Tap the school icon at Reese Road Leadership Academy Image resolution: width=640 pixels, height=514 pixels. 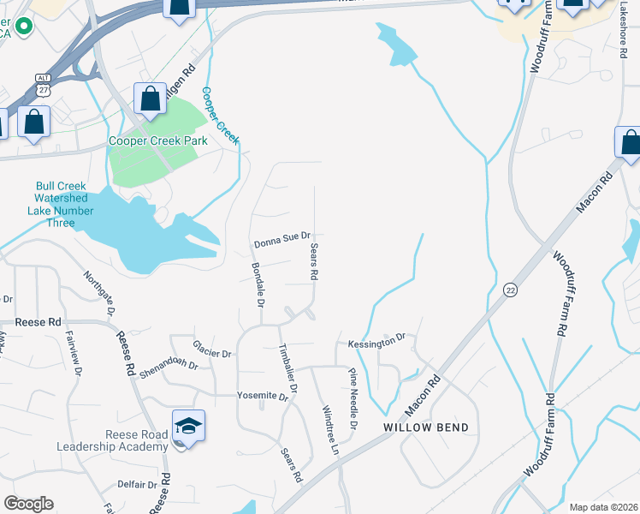click(187, 425)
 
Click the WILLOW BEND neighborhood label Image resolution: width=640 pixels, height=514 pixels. click(425, 427)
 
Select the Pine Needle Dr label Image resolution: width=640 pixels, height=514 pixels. click(352, 399)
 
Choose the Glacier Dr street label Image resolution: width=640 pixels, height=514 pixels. click(213, 352)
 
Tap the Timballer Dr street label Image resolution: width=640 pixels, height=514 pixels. click(287, 368)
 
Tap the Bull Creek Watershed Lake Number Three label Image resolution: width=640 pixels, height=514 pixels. click(68, 205)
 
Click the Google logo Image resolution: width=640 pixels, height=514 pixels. click(28, 504)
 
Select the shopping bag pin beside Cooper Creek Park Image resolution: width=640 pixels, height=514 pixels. click(151, 99)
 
